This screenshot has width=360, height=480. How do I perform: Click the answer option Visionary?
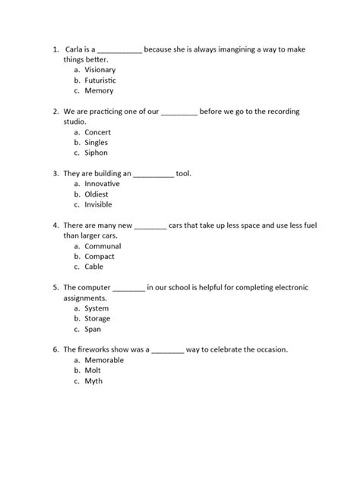click(99, 70)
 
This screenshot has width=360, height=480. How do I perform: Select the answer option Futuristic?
click(99, 81)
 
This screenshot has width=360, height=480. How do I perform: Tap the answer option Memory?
click(99, 91)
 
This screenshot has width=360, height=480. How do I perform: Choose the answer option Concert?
click(97, 132)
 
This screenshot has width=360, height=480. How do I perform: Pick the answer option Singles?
click(96, 143)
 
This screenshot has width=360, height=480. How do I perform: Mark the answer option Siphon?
click(96, 153)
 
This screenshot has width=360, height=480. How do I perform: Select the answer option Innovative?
click(102, 184)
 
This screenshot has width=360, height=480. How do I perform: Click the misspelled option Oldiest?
click(96, 194)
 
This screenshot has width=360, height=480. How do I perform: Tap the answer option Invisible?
click(99, 205)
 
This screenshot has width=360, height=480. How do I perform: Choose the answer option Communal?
click(103, 246)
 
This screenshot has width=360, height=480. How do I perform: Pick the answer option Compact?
click(99, 257)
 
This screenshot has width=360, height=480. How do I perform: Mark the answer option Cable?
click(93, 267)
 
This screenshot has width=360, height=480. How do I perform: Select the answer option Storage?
click(97, 319)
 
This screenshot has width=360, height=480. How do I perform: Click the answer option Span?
click(93, 329)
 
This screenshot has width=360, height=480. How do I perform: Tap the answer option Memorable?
click(104, 360)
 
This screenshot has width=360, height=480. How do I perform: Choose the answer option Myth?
click(93, 381)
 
